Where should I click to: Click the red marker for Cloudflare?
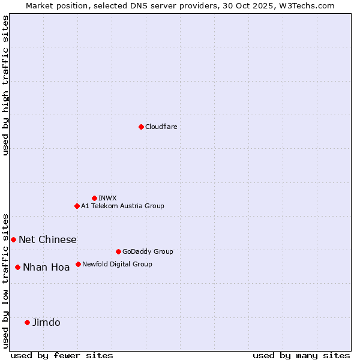[141, 127]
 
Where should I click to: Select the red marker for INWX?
[94, 198]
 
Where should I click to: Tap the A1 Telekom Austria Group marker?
[77, 206]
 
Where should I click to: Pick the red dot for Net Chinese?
[13, 239]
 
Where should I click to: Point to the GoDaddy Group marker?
[118, 251]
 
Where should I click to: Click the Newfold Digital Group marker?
[78, 264]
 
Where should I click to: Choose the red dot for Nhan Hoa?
[17, 267]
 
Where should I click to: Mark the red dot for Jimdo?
[27, 322]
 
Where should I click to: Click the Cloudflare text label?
[161, 127]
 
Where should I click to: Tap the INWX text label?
[107, 198]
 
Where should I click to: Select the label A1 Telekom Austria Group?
[122, 206]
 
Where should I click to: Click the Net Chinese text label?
[47, 239]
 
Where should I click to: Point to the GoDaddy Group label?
[148, 251]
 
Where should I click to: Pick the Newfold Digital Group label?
[117, 264]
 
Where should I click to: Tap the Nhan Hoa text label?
[46, 267]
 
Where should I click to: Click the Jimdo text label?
[46, 322]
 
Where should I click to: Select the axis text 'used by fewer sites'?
[62, 355]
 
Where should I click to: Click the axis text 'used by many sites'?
[301, 355]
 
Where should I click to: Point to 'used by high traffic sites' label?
[6, 85]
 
